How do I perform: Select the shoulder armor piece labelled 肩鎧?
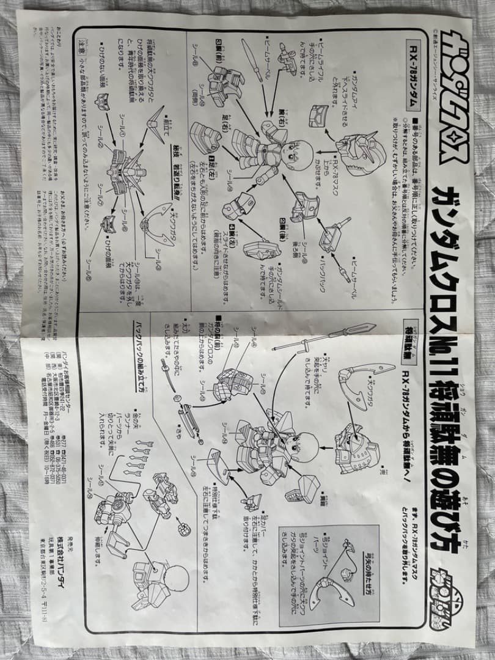point(305,488)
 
